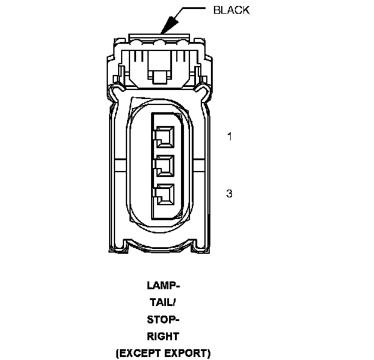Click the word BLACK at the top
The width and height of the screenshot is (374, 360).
231,10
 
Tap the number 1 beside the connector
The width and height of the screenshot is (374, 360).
229,136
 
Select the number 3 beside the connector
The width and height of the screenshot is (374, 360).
229,193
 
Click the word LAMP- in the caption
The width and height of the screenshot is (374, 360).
163,285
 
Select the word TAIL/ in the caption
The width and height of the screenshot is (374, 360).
163,302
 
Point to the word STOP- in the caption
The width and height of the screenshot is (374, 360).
163,319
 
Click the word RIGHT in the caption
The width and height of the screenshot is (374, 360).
163,337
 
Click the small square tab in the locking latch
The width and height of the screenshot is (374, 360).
160,76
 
